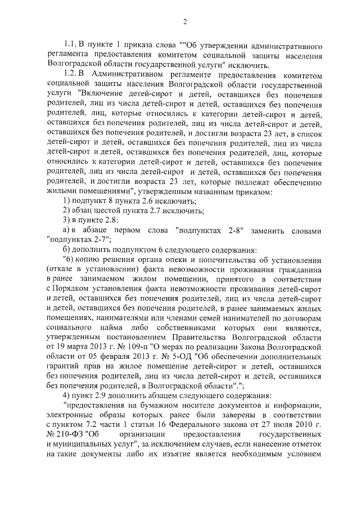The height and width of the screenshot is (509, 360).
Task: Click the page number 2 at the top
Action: coord(184,22)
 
